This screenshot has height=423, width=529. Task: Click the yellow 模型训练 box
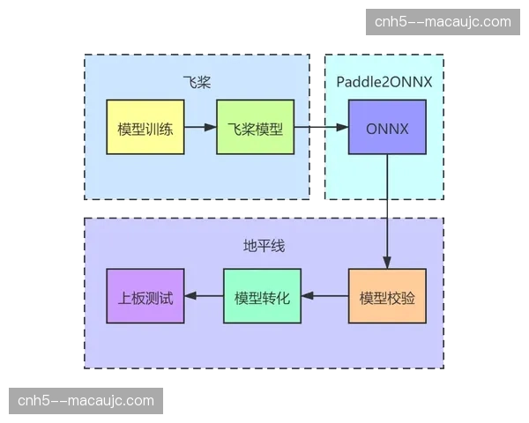[x=145, y=128]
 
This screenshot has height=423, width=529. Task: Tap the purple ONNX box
[x=386, y=128]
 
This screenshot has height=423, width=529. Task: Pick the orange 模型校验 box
[x=387, y=296]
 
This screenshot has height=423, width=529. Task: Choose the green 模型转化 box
[x=262, y=296]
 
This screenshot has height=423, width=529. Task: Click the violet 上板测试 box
[x=145, y=296]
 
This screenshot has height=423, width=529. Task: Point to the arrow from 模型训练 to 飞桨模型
[x=200, y=128]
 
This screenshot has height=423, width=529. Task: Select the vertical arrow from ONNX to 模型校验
[x=387, y=211]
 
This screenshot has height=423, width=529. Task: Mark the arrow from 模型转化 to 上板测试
[x=204, y=296]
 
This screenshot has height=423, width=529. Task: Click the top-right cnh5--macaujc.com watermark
[x=442, y=21]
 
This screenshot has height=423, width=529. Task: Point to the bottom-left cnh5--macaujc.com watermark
[x=86, y=401]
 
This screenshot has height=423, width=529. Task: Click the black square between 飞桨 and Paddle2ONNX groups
[x=314, y=127]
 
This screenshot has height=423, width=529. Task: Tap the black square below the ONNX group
[x=387, y=208]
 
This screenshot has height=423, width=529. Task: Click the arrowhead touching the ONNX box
[x=342, y=128]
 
